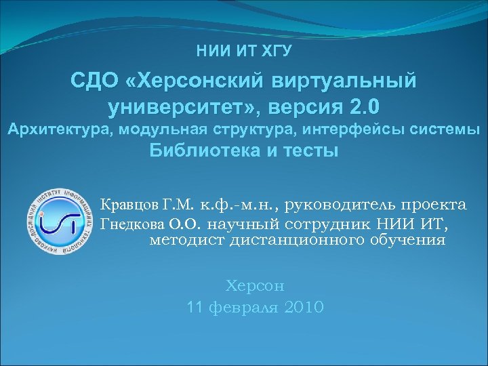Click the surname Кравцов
tap(127, 205)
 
